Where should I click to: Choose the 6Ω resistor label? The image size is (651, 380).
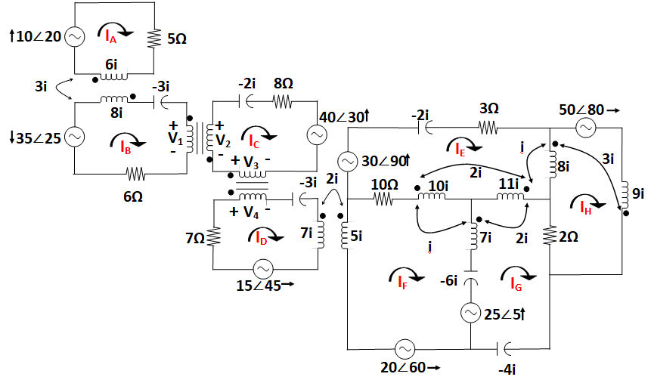[x=136, y=193]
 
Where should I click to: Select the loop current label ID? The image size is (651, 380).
[x=261, y=239]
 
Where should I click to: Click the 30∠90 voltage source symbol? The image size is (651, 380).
[x=347, y=162]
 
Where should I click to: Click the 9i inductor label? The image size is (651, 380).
[x=639, y=194]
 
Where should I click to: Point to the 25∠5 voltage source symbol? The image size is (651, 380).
[x=470, y=312]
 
